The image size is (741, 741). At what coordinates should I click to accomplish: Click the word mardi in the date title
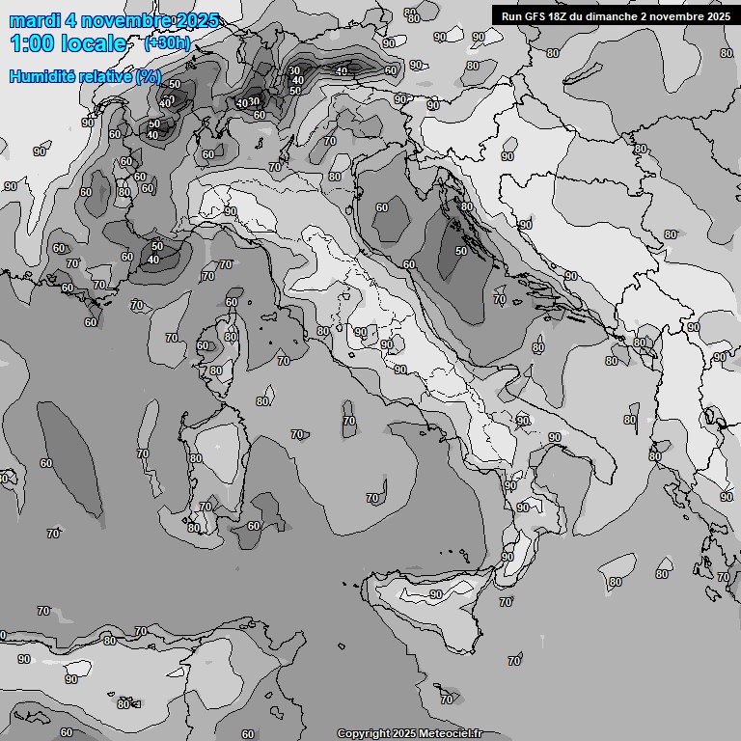click(x=31, y=20)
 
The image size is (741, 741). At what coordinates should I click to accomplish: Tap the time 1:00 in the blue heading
click(x=32, y=43)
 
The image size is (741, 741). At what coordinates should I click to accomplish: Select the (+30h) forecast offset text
click(x=167, y=42)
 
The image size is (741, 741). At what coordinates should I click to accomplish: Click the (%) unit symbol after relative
click(x=148, y=75)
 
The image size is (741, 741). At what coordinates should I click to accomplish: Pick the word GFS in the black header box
click(x=535, y=16)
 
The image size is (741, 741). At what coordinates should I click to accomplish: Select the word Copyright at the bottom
click(x=364, y=733)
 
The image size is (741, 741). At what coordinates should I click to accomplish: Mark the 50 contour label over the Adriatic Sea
click(x=461, y=251)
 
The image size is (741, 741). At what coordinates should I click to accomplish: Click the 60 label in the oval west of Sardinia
click(x=46, y=463)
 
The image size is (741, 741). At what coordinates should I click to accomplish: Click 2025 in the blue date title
click(x=197, y=20)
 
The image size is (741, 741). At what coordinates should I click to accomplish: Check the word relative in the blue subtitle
click(x=107, y=75)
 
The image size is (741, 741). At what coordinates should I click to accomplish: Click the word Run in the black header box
click(x=511, y=16)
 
